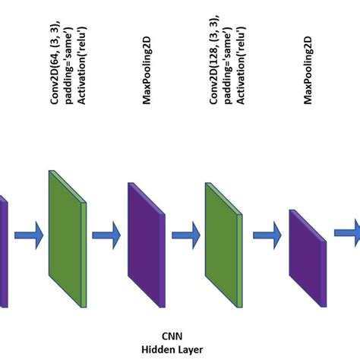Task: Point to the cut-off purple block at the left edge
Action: tap(3, 251)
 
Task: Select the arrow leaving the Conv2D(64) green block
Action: tap(106, 235)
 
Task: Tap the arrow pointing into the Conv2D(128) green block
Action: tap(186, 235)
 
